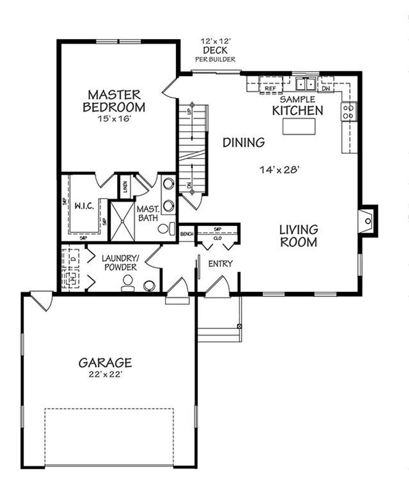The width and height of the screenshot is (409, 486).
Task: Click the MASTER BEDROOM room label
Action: pos(114,101)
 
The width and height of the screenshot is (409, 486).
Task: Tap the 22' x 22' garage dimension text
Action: pos(105,374)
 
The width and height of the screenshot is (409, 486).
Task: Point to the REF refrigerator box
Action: pos(270,88)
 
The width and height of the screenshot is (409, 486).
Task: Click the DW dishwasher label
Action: pos(326,88)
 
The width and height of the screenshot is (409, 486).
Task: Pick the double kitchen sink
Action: pos(306,84)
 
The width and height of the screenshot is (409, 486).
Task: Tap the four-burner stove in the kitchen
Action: pos(348,112)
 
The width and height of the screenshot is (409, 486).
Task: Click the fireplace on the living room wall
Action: pos(367,221)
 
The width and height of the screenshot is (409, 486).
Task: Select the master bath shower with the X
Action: pos(122,221)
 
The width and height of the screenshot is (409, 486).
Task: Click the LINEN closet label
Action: pos(125,186)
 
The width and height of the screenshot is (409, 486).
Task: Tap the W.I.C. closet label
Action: pos(84,206)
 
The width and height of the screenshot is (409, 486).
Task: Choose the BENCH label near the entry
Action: pos(187,234)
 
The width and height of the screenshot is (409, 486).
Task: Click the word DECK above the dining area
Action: pos(215,50)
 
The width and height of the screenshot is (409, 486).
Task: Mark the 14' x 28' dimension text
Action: pos(280,169)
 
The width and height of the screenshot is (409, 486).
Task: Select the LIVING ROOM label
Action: pos(298,236)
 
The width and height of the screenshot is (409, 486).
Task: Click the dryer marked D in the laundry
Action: pos(74,258)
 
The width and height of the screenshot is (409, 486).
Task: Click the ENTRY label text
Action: pos(220,263)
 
